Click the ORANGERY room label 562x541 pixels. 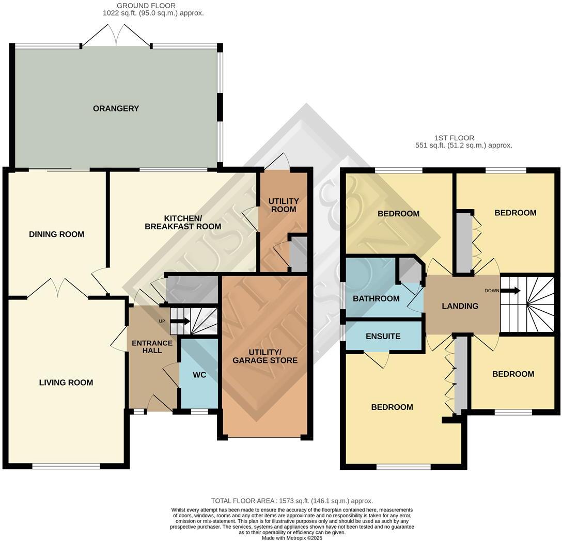pyautogui.click(x=116, y=108)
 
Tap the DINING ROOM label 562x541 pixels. pyautogui.click(x=56, y=234)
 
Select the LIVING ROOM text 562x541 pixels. pyautogui.click(x=66, y=383)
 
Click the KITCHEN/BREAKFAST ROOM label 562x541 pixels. pyautogui.click(x=183, y=222)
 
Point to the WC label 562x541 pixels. pyautogui.click(x=199, y=375)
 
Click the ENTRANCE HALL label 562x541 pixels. pyautogui.click(x=152, y=346)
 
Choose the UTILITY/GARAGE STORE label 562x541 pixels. pyautogui.click(x=265, y=356)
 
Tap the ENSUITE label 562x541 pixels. pyautogui.click(x=383, y=336)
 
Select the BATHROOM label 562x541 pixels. pyautogui.click(x=376, y=298)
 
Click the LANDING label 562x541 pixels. pyautogui.click(x=460, y=306)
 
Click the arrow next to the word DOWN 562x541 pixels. pyautogui.click(x=510, y=291)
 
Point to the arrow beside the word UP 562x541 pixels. pyautogui.click(x=180, y=321)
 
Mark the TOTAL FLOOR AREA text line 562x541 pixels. pyautogui.click(x=292, y=501)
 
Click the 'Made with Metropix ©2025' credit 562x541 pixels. pyautogui.click(x=292, y=538)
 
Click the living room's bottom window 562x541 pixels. pyautogui.click(x=66, y=466)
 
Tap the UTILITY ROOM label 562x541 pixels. pyautogui.click(x=284, y=205)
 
